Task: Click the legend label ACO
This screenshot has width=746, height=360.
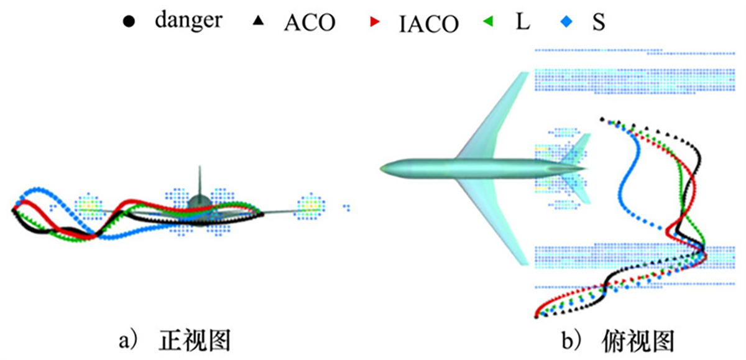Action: [x=309, y=22]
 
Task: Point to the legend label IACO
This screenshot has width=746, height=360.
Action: [x=428, y=23]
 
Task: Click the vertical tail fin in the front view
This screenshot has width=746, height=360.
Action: [x=200, y=180]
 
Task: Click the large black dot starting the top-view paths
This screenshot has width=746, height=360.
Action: [x=601, y=119]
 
